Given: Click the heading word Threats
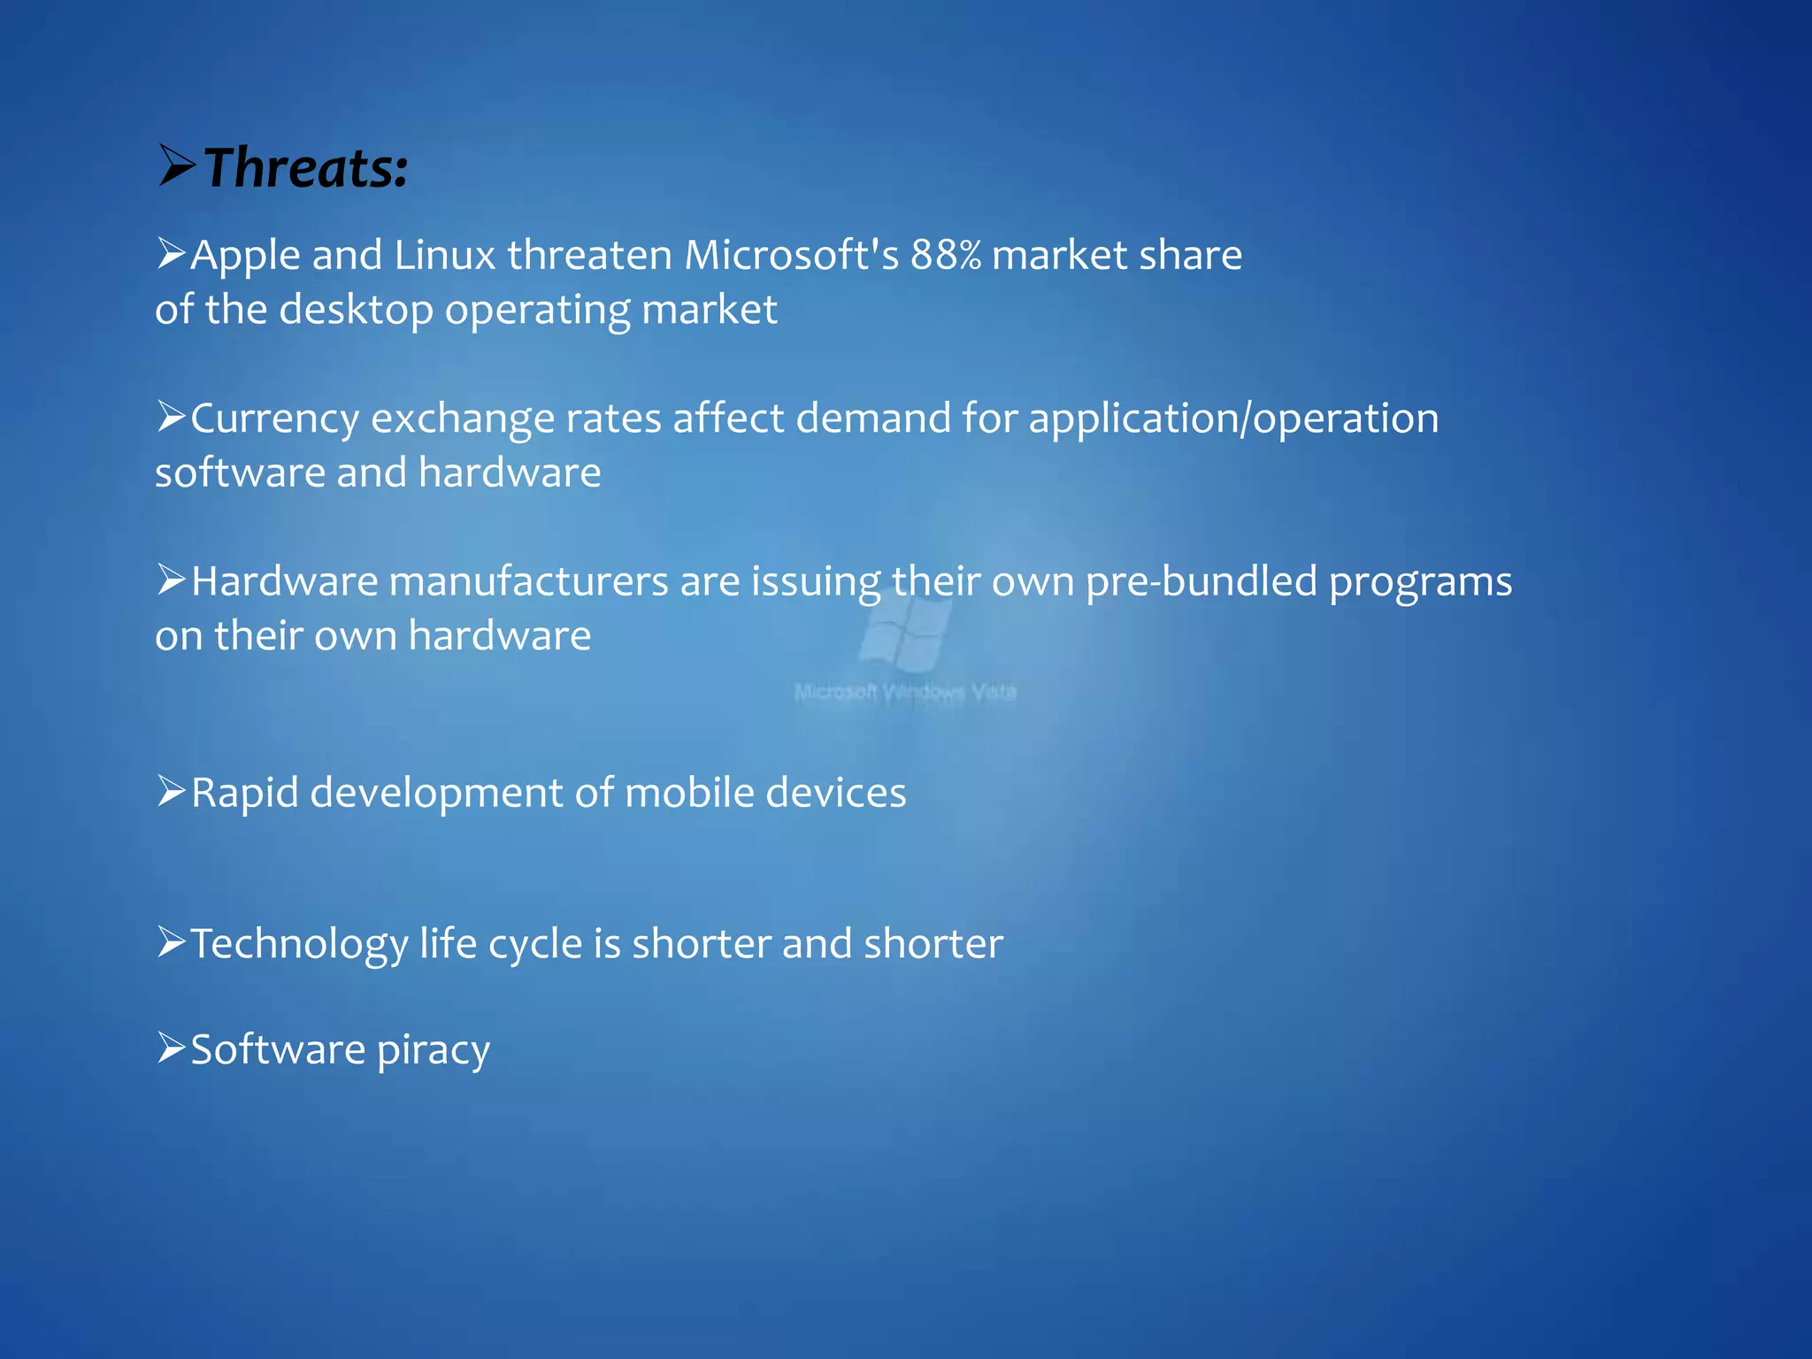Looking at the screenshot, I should [306, 168].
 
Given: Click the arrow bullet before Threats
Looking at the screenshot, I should [177, 165].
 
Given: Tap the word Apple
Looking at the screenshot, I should [246, 256].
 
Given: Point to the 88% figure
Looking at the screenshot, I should [946, 256].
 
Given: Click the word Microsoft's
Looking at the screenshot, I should [792, 256].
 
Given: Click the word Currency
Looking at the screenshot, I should [274, 418].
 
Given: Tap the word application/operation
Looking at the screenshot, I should [1233, 418].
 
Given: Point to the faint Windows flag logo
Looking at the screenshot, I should [905, 630].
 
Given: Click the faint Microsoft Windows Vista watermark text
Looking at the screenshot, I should [905, 692].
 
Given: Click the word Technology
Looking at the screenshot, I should [299, 944].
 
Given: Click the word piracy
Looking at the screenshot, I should [433, 1050].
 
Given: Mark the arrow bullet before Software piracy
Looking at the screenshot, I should [171, 1048].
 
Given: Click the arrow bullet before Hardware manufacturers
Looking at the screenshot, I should [171, 580].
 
